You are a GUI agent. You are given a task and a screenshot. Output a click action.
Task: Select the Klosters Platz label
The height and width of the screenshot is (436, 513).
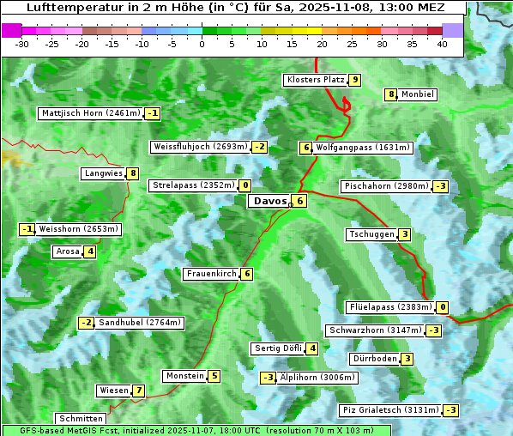click(x=315, y=80)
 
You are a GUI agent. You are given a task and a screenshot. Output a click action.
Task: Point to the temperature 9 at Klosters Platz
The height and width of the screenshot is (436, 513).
click(x=354, y=80)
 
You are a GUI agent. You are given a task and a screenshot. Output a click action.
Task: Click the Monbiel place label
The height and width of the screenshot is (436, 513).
click(x=418, y=94)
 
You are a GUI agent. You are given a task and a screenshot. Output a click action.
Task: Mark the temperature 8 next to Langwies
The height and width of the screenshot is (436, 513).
click(x=133, y=173)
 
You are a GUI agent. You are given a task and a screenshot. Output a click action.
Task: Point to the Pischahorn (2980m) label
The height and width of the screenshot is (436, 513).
click(x=385, y=186)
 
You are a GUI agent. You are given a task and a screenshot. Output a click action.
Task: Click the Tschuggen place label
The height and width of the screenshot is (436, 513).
click(x=371, y=234)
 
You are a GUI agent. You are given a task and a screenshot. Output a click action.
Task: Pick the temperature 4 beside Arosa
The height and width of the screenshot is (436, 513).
click(x=89, y=251)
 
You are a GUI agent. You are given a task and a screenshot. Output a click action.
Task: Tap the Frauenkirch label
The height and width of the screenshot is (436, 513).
click(x=211, y=274)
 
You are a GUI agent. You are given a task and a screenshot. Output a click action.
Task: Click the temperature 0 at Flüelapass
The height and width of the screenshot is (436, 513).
click(x=443, y=307)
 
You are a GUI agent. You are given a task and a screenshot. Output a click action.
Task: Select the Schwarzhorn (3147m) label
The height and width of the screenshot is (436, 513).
click(x=375, y=330)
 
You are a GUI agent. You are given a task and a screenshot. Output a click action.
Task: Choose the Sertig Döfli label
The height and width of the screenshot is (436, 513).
click(x=278, y=348)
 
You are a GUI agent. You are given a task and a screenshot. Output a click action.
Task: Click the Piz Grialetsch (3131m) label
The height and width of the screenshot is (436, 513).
click(x=390, y=410)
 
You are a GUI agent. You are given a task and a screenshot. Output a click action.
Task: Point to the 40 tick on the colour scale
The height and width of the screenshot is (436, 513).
click(x=442, y=43)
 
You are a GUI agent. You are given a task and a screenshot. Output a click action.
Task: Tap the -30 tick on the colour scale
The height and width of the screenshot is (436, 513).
click(x=22, y=43)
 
